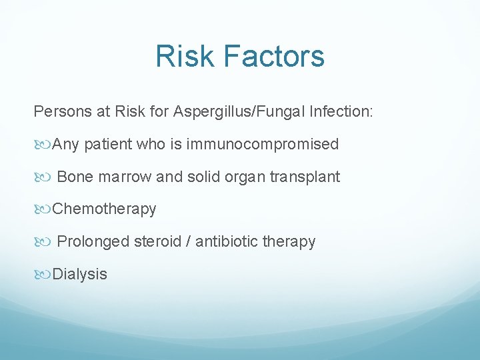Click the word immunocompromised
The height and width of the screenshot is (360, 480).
pos(263,144)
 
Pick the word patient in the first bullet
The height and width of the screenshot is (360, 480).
pos(109,144)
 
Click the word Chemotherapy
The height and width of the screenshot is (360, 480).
pos(104,209)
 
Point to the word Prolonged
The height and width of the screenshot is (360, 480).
pos(93,241)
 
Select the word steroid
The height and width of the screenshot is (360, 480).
pos(157,241)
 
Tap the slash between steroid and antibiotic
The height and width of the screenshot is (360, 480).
pos(190,241)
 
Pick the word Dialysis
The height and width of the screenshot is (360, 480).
pos(79,274)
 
